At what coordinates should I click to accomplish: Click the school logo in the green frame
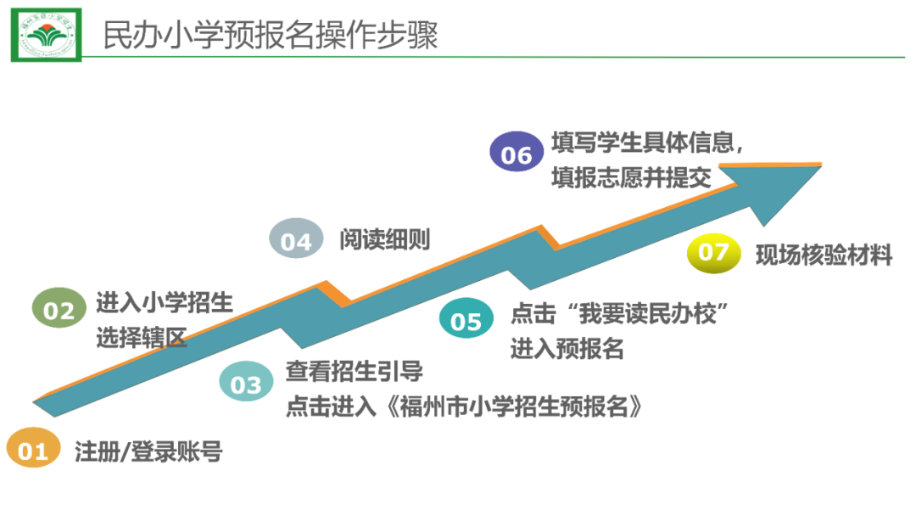(x=47, y=35)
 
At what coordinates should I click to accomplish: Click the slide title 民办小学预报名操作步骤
(x=270, y=36)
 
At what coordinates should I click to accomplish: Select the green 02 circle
(x=59, y=310)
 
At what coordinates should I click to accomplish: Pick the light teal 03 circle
(x=246, y=384)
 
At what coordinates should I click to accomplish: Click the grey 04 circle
(x=296, y=241)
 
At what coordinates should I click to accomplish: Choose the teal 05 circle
(x=466, y=322)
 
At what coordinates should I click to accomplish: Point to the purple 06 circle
(x=516, y=154)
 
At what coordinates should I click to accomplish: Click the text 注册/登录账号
(x=148, y=451)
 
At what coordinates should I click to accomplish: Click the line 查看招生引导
(x=354, y=371)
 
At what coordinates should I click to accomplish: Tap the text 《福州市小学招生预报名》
(x=509, y=407)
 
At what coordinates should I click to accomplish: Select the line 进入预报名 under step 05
(x=567, y=348)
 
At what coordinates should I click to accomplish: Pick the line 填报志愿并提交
(x=631, y=177)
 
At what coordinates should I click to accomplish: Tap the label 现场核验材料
(x=824, y=254)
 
